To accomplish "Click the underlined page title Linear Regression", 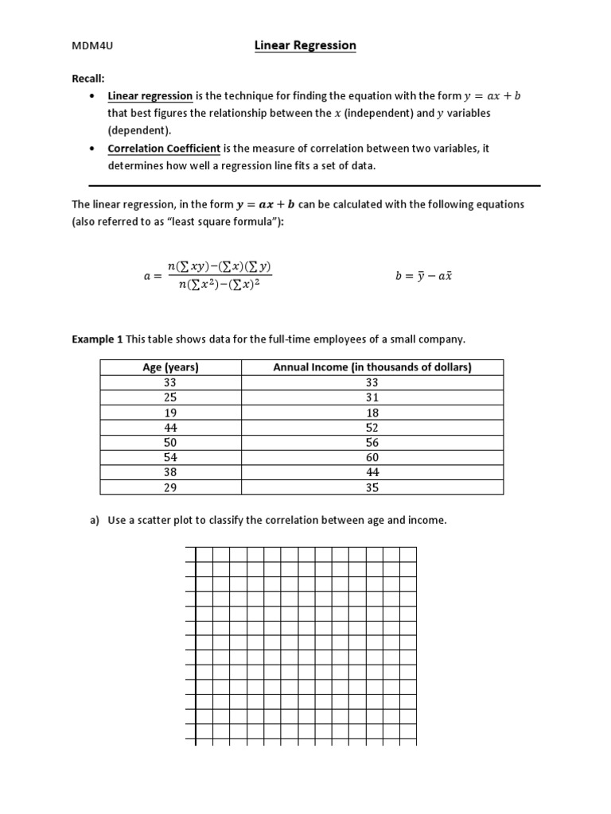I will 305,45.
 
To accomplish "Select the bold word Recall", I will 88,78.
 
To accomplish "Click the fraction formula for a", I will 208,276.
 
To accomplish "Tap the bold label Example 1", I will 97,339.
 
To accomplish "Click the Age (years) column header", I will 169,367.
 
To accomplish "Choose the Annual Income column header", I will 372,367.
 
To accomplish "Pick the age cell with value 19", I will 169,413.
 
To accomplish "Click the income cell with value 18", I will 372,413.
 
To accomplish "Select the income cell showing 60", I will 372,457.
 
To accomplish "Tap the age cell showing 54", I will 169,457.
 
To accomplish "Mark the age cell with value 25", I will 169,397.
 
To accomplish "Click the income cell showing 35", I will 372,487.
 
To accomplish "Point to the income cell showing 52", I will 372,428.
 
